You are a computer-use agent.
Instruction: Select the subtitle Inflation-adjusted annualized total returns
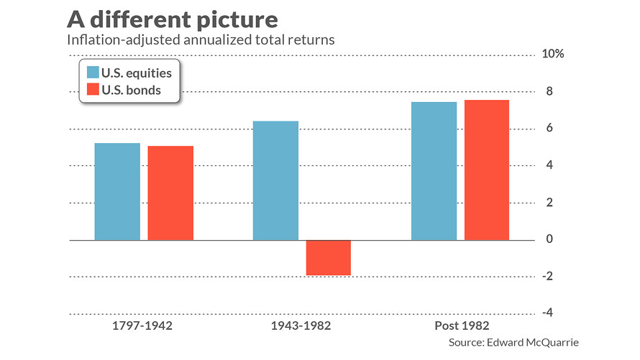201,40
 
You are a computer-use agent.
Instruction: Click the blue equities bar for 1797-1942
117,191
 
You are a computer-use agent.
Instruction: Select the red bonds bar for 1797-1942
170,193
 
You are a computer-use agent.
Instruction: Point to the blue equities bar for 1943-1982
275,180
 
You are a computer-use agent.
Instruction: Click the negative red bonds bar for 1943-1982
329,257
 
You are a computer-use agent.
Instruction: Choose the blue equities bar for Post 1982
434,171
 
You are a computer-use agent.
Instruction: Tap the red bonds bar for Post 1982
487,170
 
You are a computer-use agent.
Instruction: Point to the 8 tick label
549,91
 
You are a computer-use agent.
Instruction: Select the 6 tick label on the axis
549,129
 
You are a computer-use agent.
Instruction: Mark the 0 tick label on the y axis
549,239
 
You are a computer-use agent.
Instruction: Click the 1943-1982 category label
302,326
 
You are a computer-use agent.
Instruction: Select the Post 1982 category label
460,326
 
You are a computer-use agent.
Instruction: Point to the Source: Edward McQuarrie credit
513,343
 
